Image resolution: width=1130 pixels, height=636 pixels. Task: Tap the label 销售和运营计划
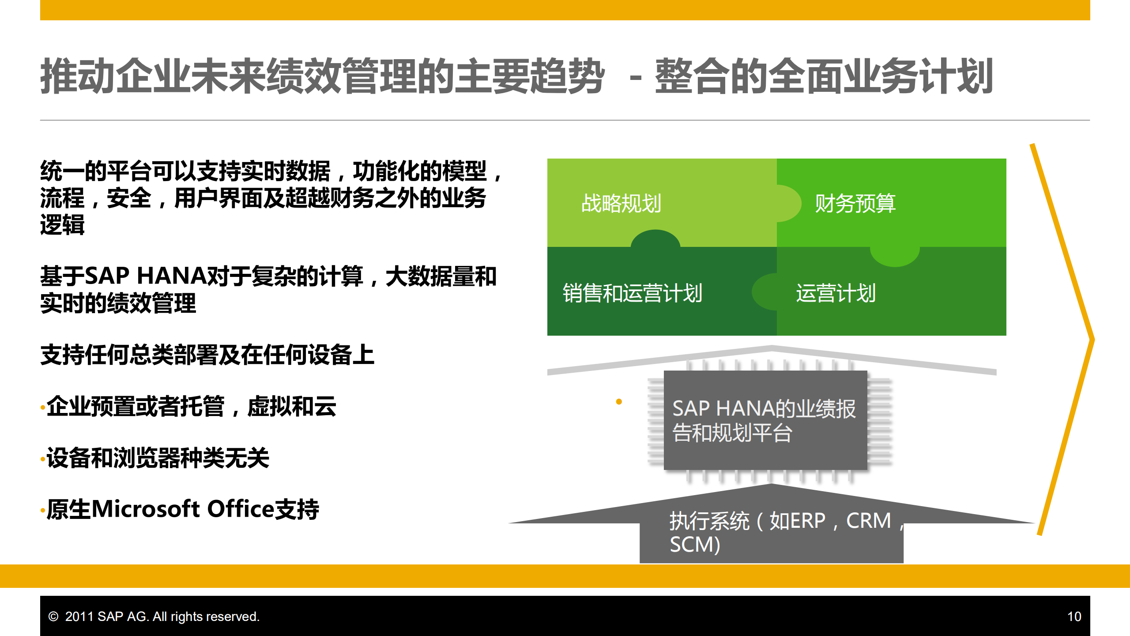[632, 293]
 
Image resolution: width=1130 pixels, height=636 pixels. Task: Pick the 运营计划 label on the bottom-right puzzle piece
[836, 293]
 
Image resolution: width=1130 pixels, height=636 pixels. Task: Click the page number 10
[1074, 617]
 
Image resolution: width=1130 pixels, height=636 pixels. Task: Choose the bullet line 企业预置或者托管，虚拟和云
[191, 406]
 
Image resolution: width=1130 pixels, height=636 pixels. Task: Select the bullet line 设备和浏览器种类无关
[158, 458]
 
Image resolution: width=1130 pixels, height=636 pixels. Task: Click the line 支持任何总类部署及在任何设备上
[207, 355]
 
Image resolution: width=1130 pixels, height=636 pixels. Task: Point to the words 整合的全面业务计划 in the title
[824, 76]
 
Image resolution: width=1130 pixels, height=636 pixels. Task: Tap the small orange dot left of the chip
[619, 401]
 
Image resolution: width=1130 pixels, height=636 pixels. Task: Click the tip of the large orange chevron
[1092, 339]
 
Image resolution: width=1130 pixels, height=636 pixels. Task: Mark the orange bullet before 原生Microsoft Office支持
[42, 511]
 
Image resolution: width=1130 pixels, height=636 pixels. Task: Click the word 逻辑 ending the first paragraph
[62, 224]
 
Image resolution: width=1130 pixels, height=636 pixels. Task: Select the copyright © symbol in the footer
[53, 617]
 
